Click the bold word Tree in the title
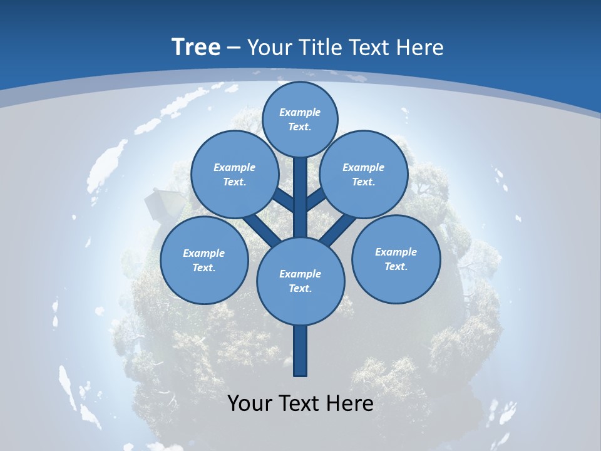coord(196,48)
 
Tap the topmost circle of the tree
coord(300,119)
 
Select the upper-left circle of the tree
coord(234,175)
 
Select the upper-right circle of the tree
coord(364,175)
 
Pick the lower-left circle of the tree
coord(204,260)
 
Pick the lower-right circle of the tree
coord(396,259)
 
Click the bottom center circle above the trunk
coord(300,281)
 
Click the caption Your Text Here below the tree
coord(300,403)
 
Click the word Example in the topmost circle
coord(300,112)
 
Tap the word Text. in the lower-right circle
coord(396,266)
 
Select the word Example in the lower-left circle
coord(204,253)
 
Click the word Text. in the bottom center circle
coord(300,289)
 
